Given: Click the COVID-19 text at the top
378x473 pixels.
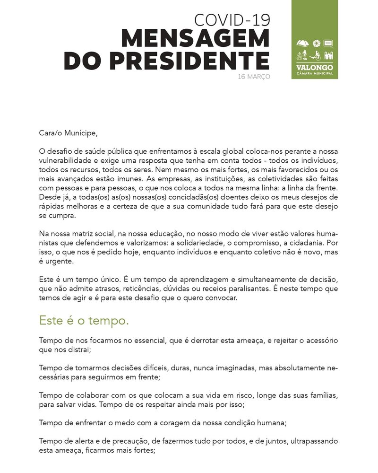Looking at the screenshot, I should (232, 19).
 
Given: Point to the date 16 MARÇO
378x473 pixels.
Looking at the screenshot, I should (254, 76).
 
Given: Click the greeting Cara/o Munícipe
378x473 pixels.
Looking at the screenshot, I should (68, 133).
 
